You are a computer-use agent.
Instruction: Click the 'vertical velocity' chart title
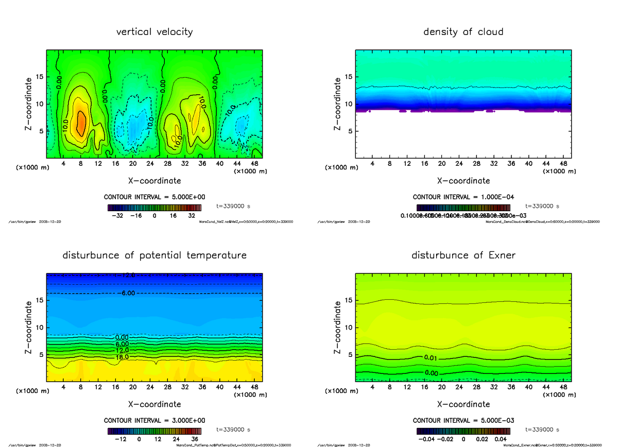pos(154,32)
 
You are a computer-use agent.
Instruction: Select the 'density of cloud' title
pos(463,32)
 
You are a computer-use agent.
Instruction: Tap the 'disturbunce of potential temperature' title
pos(154,255)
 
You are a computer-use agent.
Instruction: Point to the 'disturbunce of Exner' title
pos(463,255)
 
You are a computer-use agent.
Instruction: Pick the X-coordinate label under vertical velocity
pos(154,181)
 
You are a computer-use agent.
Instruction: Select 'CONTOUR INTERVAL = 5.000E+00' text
pos(154,197)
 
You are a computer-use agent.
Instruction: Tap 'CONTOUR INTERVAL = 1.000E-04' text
pos(463,197)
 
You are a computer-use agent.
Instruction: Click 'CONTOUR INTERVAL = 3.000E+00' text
pos(154,420)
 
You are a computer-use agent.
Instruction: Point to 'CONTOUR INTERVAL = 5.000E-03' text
pos(463,420)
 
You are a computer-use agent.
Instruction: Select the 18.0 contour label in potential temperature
pos(122,356)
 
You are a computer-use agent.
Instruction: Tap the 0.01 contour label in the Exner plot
pos(431,358)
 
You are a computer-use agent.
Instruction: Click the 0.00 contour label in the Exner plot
pos(431,373)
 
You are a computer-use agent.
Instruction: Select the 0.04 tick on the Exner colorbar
pos(500,439)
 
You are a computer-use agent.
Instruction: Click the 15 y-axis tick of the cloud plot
pos(348,77)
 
